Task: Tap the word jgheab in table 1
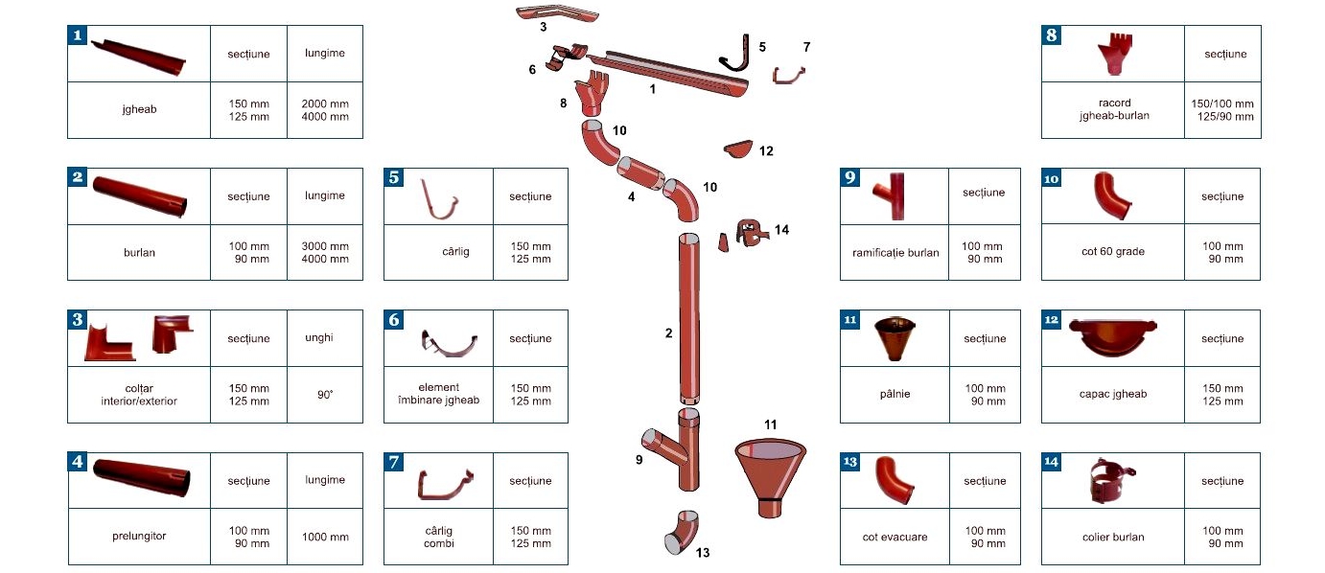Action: (139, 109)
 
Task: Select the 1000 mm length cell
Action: (325, 537)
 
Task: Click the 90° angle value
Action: (325, 394)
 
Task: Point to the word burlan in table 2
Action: (139, 253)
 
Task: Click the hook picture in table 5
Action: (440, 198)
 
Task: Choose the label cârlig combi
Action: (438, 537)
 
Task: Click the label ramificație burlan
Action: (895, 253)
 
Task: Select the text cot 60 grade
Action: (1112, 252)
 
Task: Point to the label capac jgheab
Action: (1112, 394)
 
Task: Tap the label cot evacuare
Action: (895, 537)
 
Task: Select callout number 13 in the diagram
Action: (703, 553)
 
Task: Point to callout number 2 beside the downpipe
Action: (668, 333)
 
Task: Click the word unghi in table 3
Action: (325, 338)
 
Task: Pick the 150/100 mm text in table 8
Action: (1221, 103)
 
